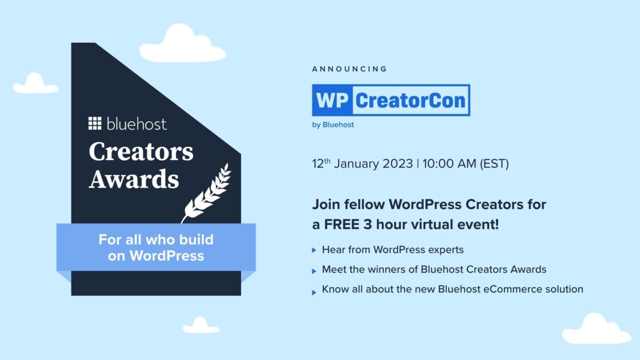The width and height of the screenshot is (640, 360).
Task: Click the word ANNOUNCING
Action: click(349, 69)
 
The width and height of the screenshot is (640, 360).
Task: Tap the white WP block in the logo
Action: click(332, 101)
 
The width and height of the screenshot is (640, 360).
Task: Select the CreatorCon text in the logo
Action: click(410, 101)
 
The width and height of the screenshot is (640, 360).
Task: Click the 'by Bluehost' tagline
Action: click(333, 125)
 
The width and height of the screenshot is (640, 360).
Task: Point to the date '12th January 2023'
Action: click(362, 163)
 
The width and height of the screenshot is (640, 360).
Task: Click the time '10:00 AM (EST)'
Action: click(466, 163)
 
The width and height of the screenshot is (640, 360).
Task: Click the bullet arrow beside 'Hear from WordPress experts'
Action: click(314, 250)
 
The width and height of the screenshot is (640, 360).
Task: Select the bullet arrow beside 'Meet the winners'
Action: click(314, 271)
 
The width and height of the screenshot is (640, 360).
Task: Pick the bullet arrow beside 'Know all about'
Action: click(314, 292)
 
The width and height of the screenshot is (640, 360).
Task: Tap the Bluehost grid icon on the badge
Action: click(95, 123)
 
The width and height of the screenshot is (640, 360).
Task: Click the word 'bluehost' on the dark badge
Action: click(137, 123)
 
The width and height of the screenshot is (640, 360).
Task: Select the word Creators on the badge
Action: click(141, 152)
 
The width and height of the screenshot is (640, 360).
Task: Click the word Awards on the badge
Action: click(134, 179)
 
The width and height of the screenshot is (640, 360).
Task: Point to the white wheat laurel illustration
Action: click(207, 194)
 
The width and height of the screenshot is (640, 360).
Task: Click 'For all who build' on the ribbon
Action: click(156, 239)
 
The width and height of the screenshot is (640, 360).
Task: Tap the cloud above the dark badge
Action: click(182, 44)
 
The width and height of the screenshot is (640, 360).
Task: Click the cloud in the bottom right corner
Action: click(597, 329)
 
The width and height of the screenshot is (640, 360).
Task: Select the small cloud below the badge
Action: click(201, 325)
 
